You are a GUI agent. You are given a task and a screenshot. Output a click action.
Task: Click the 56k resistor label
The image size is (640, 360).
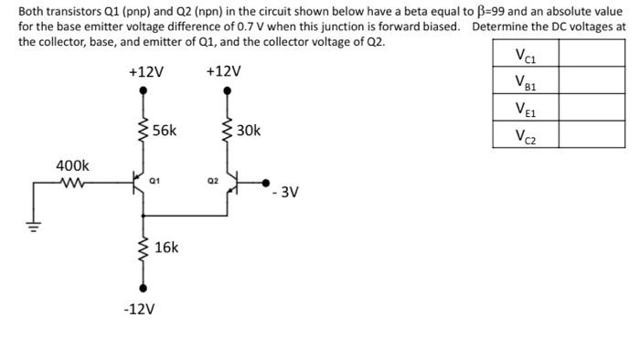pos(165,131)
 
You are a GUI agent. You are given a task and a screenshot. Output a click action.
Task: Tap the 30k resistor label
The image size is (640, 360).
pos(248,131)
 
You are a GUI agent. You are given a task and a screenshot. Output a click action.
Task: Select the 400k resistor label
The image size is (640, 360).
pos(72,165)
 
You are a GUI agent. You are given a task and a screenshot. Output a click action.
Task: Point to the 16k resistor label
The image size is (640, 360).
pos(166,248)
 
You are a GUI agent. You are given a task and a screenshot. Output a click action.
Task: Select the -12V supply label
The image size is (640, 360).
pos(139,310)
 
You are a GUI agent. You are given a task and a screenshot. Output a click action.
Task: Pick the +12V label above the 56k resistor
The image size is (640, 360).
pos(146,71)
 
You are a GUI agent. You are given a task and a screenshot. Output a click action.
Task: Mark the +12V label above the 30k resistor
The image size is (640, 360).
pos(224,71)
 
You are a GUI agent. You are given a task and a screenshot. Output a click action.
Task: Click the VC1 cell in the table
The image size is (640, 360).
pos(526,57)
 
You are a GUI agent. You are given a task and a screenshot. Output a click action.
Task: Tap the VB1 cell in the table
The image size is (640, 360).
pos(526,83)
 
